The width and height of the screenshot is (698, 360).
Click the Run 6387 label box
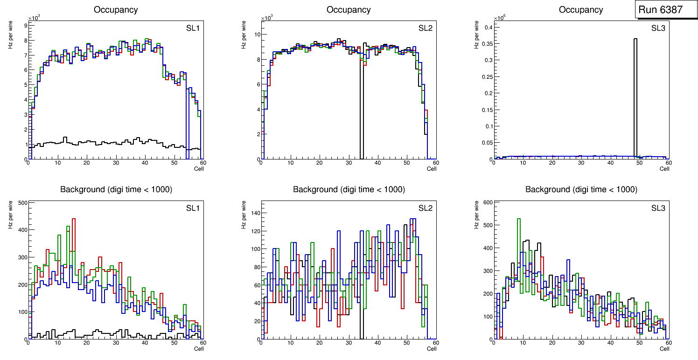[665, 9]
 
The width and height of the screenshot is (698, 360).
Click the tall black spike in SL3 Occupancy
[635, 93]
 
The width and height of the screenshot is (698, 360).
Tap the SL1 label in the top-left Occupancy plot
[193, 28]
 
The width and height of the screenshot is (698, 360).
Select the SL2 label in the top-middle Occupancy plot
[425, 28]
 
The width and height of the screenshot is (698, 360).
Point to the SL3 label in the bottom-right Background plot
[658, 208]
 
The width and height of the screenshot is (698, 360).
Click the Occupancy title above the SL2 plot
[349, 10]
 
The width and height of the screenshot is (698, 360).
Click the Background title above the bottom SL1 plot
[116, 189]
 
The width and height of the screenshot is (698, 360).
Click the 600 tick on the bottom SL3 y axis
[486, 202]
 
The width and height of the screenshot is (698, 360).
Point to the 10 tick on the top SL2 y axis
[256, 35]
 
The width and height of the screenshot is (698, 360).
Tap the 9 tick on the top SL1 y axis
[26, 25]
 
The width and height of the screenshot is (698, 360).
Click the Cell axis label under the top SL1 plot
[199, 168]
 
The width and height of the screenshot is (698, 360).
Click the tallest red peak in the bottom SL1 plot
[74, 219]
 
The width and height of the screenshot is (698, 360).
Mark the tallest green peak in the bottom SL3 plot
[518, 219]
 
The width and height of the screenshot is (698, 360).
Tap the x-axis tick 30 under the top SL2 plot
[348, 163]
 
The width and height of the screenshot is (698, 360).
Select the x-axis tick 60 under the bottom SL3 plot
[668, 343]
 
